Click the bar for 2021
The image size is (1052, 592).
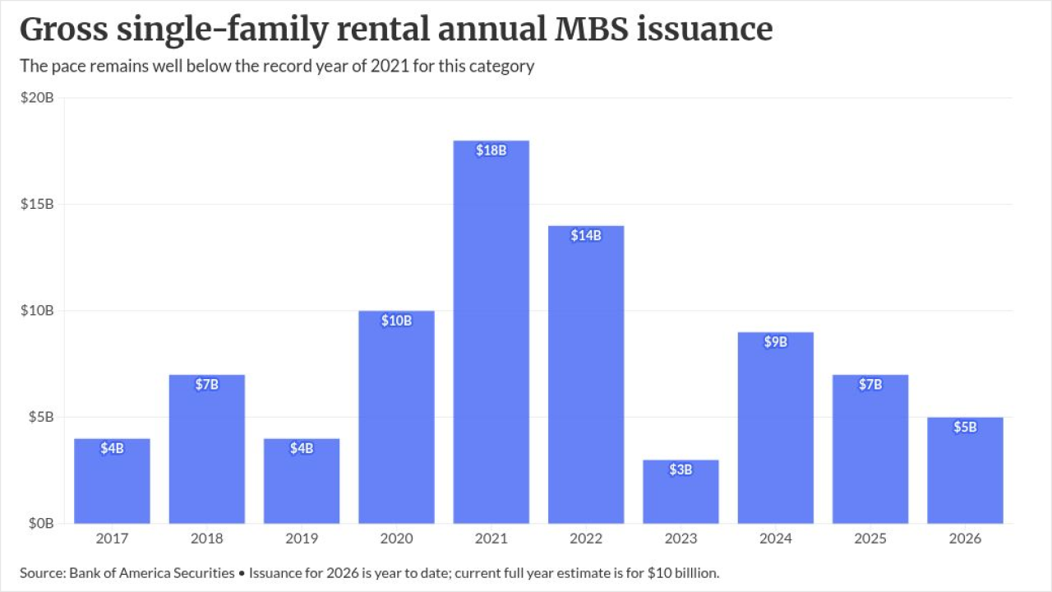click(491, 331)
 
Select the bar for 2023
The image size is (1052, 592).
click(681, 492)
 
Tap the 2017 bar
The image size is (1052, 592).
click(113, 481)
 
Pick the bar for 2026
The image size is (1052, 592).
click(965, 470)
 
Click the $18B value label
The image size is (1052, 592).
click(491, 150)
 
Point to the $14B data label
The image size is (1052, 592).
click(586, 235)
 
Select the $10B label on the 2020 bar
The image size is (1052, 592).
click(396, 321)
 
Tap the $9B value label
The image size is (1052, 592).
click(775, 341)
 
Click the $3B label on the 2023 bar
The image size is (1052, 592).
click(681, 469)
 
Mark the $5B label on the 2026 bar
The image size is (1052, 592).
click(965, 427)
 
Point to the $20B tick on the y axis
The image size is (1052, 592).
click(37, 98)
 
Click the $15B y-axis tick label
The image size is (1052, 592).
click(37, 204)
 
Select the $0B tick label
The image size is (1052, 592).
click(41, 524)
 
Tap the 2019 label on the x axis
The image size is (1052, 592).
click(302, 539)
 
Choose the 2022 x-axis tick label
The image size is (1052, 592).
click(586, 539)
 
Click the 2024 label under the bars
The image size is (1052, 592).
click(775, 539)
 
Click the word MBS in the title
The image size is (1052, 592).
click(591, 29)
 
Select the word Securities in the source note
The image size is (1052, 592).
click(204, 573)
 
